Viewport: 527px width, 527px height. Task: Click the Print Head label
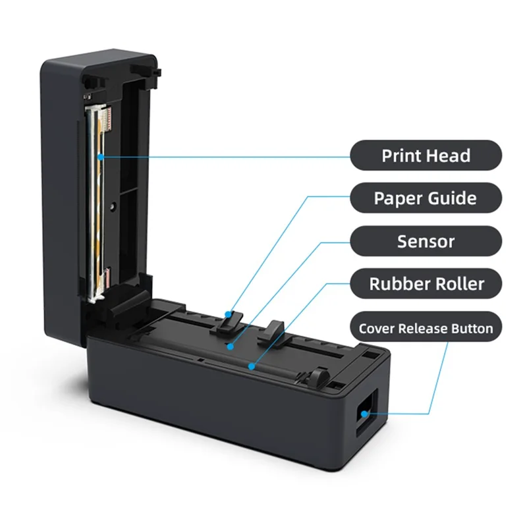point(426,156)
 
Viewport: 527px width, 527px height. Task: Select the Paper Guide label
point(426,198)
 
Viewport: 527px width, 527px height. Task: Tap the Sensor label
point(426,240)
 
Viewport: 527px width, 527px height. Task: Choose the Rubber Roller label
point(426,284)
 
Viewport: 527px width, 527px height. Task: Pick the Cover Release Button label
point(426,327)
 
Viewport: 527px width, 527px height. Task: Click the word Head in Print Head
point(447,156)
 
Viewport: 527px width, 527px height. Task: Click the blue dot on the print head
point(100,156)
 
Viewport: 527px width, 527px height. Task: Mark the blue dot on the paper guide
point(228,314)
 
